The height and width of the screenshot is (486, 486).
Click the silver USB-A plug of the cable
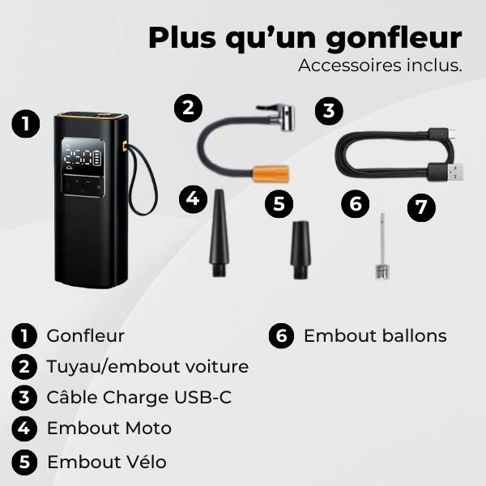450,171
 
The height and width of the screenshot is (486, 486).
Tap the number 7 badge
420,207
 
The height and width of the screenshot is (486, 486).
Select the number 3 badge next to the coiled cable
327,111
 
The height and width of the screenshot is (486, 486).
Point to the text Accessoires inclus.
380,66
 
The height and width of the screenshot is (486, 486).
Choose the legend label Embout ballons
375,335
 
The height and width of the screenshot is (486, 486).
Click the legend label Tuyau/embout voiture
147,366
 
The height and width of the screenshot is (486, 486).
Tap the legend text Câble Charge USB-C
134,398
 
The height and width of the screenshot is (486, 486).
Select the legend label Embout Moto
109,428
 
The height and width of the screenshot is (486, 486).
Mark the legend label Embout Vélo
107,462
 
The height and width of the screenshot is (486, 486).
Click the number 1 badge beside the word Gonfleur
24,335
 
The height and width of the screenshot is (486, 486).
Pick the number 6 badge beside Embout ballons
280,335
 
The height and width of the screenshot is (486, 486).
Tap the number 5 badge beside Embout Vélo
24,462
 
